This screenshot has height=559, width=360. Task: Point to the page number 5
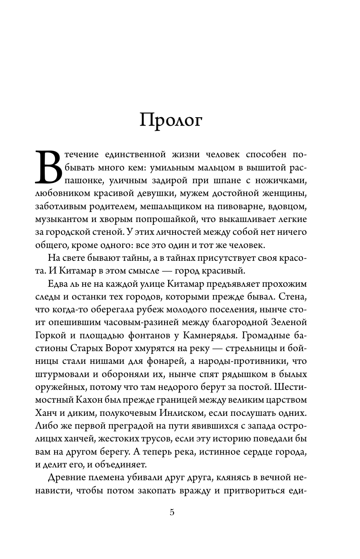pyautogui.click(x=172, y=513)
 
